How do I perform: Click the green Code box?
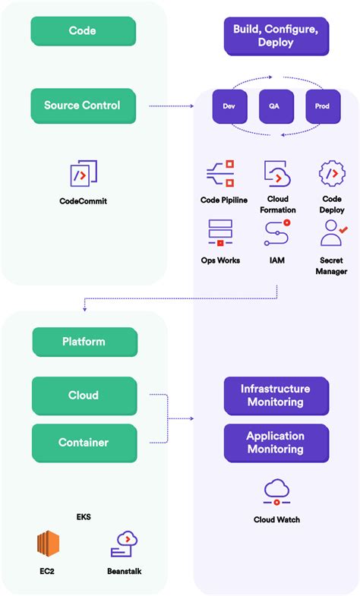pyautogui.click(x=83, y=31)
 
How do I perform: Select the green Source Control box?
pyautogui.click(x=83, y=106)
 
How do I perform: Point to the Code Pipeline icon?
pyautogui.click(x=219, y=174)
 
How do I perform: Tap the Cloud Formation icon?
pyautogui.click(x=277, y=174)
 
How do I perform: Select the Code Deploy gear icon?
pyautogui.click(x=332, y=174)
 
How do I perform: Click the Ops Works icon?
pyautogui.click(x=219, y=232)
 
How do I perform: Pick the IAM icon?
pyautogui.click(x=277, y=232)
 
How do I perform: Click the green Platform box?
pyautogui.click(x=84, y=342)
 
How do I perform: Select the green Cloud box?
pyautogui.click(x=84, y=396)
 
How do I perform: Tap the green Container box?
pyautogui.click(x=84, y=443)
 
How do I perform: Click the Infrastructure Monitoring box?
pyautogui.click(x=276, y=395)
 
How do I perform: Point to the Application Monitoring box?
pyautogui.click(x=276, y=443)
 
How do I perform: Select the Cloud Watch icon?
pyautogui.click(x=276, y=493)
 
